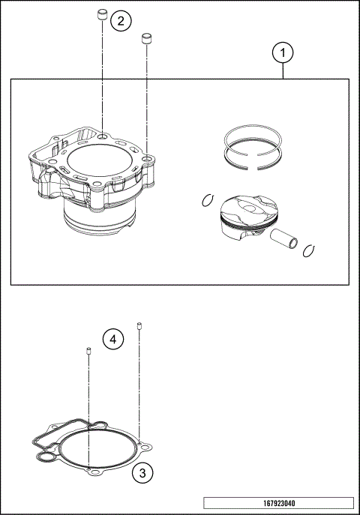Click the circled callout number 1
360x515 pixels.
tap(283, 53)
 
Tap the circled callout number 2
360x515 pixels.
tap(121, 20)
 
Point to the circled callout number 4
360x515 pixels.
tap(112, 340)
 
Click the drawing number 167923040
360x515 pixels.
tap(278, 503)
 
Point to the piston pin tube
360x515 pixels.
tap(285, 241)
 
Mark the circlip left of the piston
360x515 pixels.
tap(208, 199)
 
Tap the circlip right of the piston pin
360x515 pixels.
tap(308, 250)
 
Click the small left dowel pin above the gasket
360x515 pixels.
tap(88, 352)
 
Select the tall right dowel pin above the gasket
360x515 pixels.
tap(139, 325)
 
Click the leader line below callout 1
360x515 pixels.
tap(283, 70)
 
